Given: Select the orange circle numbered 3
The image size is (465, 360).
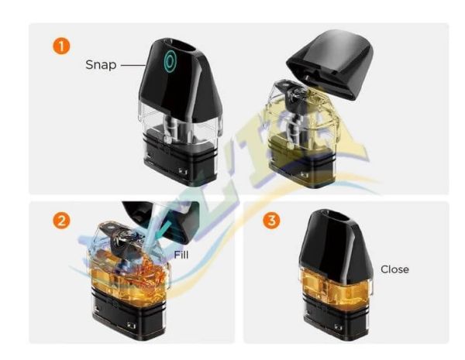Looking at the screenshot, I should coord(270,221).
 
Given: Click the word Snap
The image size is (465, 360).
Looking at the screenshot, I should coord(101,65).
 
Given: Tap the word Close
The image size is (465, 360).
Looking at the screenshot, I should coord(394,269).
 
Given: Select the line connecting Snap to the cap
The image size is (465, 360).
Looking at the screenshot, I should coord(130,65).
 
